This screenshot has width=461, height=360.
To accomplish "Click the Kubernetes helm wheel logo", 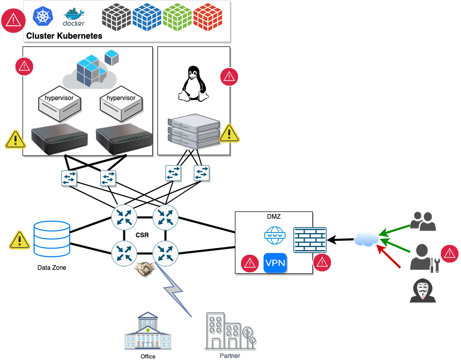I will [x=43, y=16].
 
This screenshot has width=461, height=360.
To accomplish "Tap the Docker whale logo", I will [x=73, y=18].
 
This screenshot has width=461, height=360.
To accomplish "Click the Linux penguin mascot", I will [x=193, y=83].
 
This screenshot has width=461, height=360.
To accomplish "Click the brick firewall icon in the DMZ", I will [x=309, y=239].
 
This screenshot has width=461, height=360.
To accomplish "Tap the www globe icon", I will [x=274, y=236].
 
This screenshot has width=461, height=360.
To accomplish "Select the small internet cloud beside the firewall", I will [x=367, y=239].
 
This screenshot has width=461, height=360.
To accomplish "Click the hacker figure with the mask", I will [x=422, y=290].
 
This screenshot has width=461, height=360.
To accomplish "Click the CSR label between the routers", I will [x=142, y=235].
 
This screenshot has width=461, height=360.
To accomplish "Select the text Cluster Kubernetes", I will [x=64, y=36].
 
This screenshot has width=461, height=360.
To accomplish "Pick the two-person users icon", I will [x=423, y=221].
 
